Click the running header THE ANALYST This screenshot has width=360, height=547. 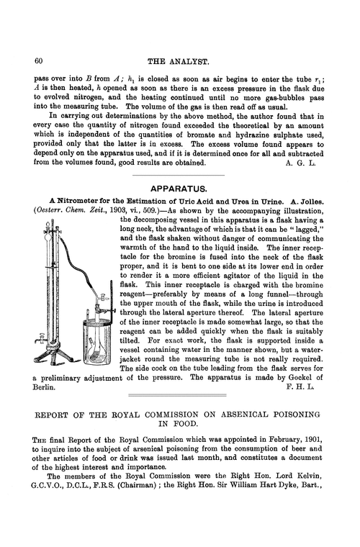tap(179, 61)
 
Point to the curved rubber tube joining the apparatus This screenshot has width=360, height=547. tap(83, 259)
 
